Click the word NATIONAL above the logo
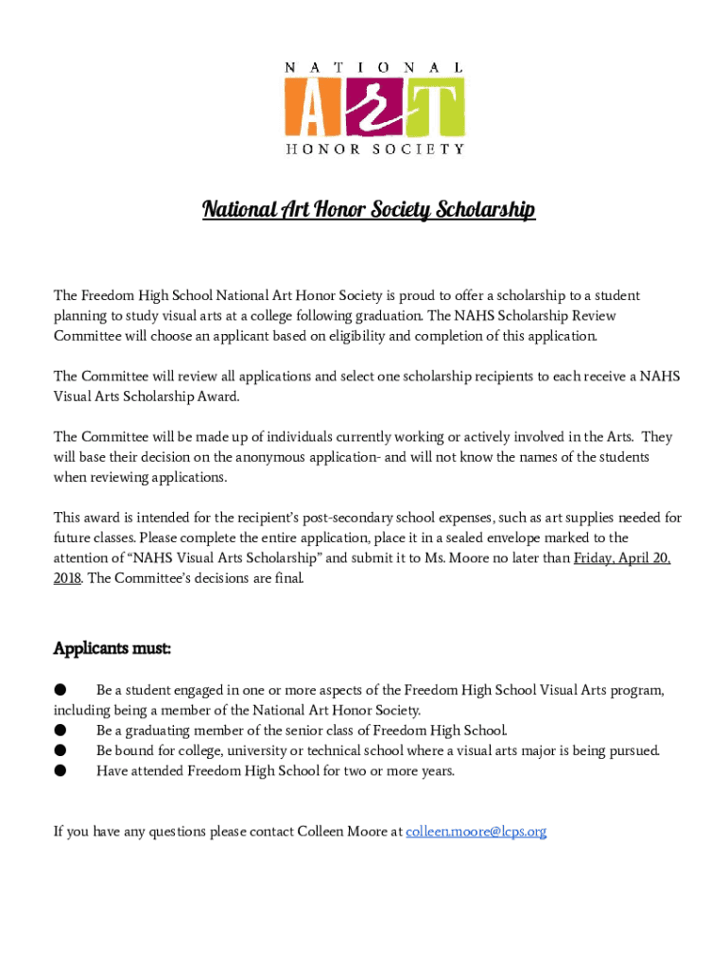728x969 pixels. coord(374,68)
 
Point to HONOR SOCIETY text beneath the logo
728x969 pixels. coord(374,149)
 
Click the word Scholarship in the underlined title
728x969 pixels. coord(486,209)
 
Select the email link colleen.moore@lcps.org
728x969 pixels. coord(477,832)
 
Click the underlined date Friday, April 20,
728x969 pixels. coord(622,558)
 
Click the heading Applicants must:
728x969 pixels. coord(112,648)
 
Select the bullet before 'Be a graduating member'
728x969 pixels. coord(60,731)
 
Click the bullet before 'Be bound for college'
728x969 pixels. coord(60,750)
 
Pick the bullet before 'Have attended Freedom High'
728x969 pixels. coord(60,770)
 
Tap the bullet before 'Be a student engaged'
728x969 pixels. coord(60,691)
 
